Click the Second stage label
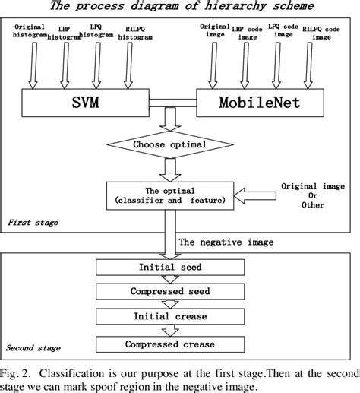34,349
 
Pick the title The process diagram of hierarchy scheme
180,7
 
